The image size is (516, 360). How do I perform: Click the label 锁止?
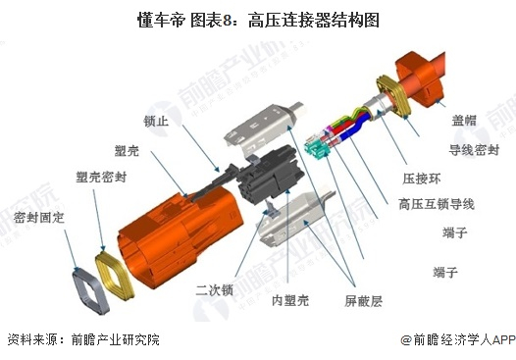pos(156,121)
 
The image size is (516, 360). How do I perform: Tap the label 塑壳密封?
pos(101,177)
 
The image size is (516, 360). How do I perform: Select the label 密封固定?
pos(39,218)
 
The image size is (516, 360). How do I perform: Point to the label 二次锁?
pos(214,290)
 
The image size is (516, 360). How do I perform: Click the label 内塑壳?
pos(290,300)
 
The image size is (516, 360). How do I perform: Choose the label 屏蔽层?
pos(363,301)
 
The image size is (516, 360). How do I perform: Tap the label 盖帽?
pos(464,121)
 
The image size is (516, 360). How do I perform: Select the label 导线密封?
pos(474,150)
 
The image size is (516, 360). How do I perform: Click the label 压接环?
pos(422,179)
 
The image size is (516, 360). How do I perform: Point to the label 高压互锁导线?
pos(437,204)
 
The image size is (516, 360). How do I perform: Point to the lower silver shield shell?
pos(293,219)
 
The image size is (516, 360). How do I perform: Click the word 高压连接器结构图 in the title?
pos(313,20)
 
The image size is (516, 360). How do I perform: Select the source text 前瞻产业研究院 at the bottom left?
pos(116,340)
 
